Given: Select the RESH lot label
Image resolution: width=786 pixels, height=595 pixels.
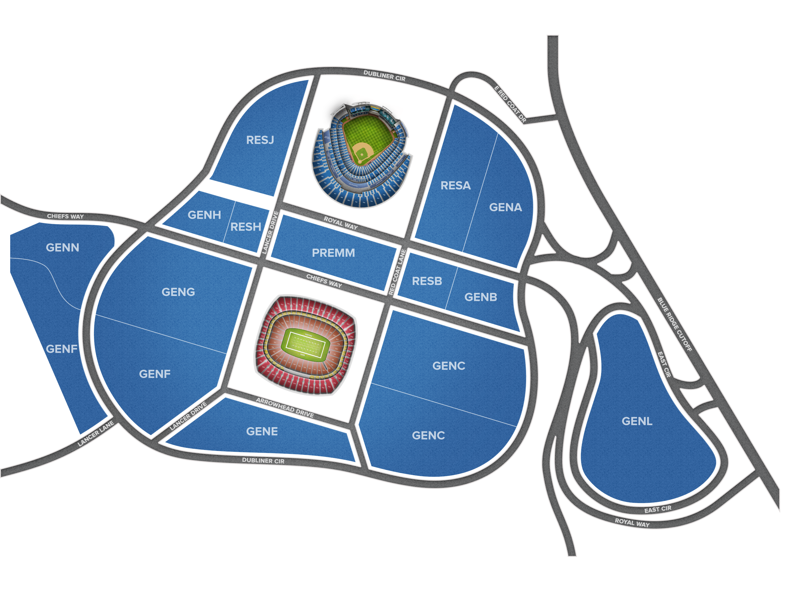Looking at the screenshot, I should (246, 227).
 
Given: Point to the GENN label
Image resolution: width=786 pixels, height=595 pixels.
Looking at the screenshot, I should (63, 248).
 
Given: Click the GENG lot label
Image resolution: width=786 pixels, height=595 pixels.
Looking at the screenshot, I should (178, 292).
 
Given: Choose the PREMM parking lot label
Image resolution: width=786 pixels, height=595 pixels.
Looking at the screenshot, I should (333, 253).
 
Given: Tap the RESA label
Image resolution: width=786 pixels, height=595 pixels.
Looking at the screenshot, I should (456, 186).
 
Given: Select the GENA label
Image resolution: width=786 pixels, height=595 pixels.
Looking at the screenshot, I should (505, 208).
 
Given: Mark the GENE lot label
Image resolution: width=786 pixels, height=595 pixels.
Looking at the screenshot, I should (262, 432).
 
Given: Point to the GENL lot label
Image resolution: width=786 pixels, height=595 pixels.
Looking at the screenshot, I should (637, 422).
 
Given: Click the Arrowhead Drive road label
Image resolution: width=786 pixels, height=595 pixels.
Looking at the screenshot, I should (285, 408).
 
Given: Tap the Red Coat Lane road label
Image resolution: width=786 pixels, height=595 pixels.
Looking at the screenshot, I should (397, 272).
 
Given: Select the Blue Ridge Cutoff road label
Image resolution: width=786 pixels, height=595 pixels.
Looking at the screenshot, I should (675, 324).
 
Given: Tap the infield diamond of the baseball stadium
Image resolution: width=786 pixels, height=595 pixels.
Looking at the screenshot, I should (362, 152).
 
